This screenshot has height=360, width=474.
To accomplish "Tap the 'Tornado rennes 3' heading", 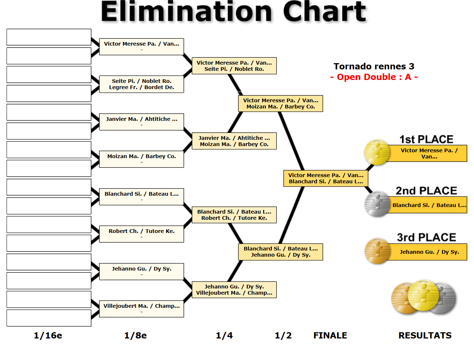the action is point(374,66).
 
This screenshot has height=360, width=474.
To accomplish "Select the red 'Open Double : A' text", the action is point(374,77).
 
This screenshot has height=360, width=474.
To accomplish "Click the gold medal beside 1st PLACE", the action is point(377,152).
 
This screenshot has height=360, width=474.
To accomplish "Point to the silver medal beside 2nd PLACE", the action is point(377,204).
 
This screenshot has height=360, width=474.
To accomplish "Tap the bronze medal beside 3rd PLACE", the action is point(377,251).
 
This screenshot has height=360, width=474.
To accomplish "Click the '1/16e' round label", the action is point(48,336).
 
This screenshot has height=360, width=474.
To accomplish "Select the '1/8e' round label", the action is point(135,336).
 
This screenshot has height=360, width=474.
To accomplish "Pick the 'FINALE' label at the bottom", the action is point(330,336).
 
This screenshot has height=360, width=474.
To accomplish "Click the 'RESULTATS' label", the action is point(425,336).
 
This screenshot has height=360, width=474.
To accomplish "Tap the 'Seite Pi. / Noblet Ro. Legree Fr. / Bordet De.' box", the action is point(142,84).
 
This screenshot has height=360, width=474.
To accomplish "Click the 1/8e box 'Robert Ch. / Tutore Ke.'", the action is point(142,234).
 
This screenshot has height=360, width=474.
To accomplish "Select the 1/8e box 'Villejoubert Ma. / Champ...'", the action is point(142,309).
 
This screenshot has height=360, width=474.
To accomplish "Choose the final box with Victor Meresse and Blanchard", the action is point(325,178).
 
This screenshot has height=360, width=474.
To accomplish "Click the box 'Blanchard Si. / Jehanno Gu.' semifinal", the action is point(281,252).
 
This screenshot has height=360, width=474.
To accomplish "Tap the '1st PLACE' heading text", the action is point(426,139).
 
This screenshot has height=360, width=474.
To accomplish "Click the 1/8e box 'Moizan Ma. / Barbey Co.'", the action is point(142,159).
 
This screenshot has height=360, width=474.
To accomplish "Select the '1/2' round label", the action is point(283,336).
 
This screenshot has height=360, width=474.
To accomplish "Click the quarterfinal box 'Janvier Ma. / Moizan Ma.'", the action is point(234,141).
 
